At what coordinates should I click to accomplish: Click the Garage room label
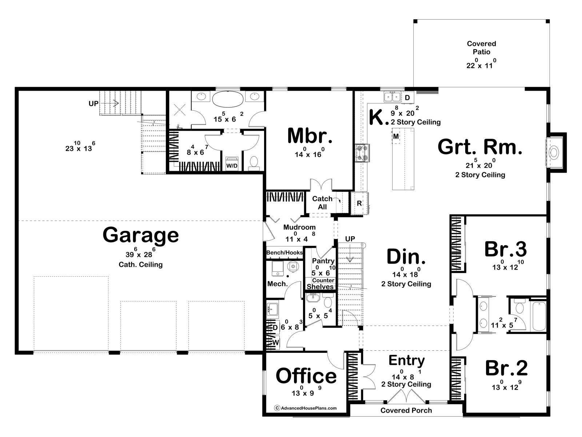pos(140,235)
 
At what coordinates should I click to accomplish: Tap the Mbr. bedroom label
pos(310,136)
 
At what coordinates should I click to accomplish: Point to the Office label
pos(306,376)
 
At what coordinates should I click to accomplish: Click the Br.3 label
pos(505,249)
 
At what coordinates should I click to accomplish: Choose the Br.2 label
pos(506,368)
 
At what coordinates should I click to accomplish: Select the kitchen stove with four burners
pos(362,153)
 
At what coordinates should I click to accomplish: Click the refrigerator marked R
pos(359,203)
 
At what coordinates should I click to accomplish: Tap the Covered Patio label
pos(482,48)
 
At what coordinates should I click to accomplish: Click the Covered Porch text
pos(406,410)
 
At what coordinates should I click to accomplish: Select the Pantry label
pos(323,261)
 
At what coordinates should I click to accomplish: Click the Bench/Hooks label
pos(284,252)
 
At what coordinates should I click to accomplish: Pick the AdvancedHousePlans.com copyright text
pos(306,408)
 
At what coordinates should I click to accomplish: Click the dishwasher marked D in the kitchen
pos(407,97)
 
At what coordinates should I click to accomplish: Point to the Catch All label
pos(322,203)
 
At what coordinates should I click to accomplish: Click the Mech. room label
pos(277,284)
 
